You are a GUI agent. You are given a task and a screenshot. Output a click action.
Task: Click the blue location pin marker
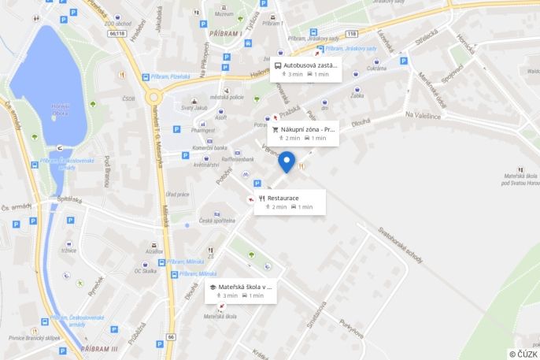click(x=287, y=161)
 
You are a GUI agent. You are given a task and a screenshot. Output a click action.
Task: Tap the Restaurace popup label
click(x=284, y=202)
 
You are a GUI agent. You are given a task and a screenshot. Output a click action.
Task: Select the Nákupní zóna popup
click(x=304, y=133)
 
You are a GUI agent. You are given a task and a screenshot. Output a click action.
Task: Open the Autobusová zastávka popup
click(x=306, y=69)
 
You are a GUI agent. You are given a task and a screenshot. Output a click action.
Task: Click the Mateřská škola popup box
click(x=241, y=291)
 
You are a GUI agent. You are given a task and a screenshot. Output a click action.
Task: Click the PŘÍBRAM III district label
click(x=99, y=348)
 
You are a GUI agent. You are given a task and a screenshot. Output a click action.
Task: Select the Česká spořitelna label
click(x=217, y=220)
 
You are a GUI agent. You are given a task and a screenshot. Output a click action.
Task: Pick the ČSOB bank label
click(x=128, y=99)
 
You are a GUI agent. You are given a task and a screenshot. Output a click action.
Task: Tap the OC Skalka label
click(x=145, y=271)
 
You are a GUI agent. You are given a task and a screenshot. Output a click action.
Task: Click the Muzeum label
click(x=224, y=14)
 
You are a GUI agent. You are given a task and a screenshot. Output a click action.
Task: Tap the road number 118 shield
click(x=350, y=34)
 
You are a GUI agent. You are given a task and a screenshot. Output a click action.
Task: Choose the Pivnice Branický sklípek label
click(x=35, y=337)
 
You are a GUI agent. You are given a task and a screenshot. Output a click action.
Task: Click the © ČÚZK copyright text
click(x=523, y=354)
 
